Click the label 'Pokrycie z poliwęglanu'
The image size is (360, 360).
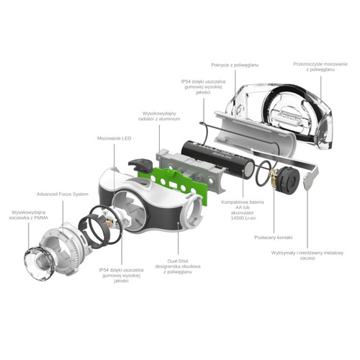[235, 66]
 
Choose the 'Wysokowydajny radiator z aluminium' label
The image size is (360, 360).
[159, 117]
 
